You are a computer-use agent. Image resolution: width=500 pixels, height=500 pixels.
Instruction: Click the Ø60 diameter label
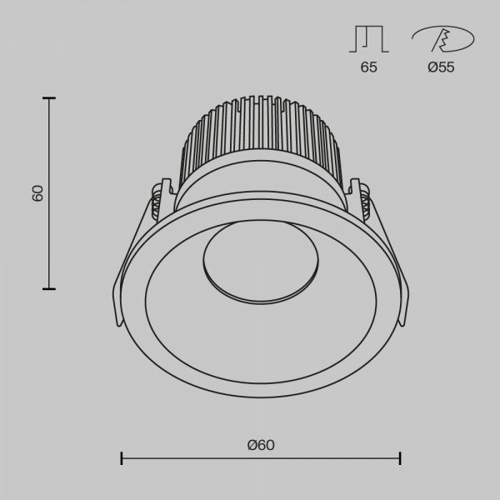click(261, 445)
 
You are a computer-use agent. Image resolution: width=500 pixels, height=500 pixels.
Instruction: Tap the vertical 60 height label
click(37, 193)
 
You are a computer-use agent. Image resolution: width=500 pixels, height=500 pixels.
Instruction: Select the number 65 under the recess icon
click(368, 67)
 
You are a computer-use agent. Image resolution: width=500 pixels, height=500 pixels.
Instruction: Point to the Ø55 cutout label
click(441, 67)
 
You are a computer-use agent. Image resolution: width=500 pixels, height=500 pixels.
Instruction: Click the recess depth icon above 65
click(369, 39)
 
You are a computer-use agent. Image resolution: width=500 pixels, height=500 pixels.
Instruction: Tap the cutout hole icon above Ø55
click(443, 39)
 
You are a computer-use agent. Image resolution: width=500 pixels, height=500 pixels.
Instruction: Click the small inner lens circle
click(261, 262)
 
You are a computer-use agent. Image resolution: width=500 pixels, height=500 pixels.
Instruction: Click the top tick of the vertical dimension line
click(49, 98)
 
